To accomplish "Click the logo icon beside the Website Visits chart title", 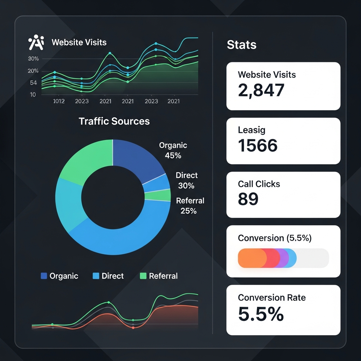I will pos(36,43).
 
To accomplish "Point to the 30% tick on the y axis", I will pos(33,59).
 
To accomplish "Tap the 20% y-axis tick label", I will pos(33,71).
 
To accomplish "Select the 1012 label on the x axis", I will pos(59,101).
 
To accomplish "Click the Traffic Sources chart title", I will pos(114,121).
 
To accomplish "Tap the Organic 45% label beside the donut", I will pos(173,150).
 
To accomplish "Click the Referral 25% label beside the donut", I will pos(190,206).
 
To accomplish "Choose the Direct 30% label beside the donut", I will pos(186,180).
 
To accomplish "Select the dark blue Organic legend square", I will pos(44,276).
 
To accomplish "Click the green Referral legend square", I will pos(143,276).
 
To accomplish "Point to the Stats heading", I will pos(241,45).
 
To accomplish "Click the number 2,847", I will pos(261,90).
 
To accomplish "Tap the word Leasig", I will pos(252,130).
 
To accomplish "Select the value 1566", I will pos(258,145).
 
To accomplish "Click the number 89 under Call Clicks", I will pos(248,199).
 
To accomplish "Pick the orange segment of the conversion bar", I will pos(251,258).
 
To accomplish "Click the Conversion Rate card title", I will pos(271,298).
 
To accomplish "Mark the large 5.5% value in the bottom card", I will pos(261,314).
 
